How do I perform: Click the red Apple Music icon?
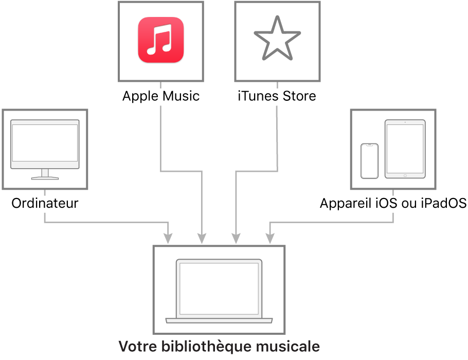tap(160, 40)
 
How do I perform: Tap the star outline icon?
tap(277, 39)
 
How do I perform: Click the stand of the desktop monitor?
tap(45, 174)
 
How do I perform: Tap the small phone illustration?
tap(369, 161)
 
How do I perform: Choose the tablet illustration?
tap(405, 149)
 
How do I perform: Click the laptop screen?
tap(219, 288)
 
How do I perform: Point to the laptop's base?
tap(219, 320)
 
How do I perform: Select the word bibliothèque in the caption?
tap(206, 346)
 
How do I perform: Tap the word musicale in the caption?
tap(292, 346)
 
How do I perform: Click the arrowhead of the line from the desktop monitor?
tap(168, 239)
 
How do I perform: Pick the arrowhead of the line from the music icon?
tap(202, 239)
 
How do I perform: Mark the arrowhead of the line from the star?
tap(236, 239)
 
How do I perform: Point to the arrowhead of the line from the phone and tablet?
tap(269, 239)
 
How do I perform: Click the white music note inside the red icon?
tap(160, 41)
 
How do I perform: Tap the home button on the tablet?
tap(405, 175)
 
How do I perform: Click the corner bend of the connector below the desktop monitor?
tap(45, 223)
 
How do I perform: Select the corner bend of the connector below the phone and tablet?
tap(393, 223)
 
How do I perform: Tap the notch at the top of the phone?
tap(369, 146)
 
